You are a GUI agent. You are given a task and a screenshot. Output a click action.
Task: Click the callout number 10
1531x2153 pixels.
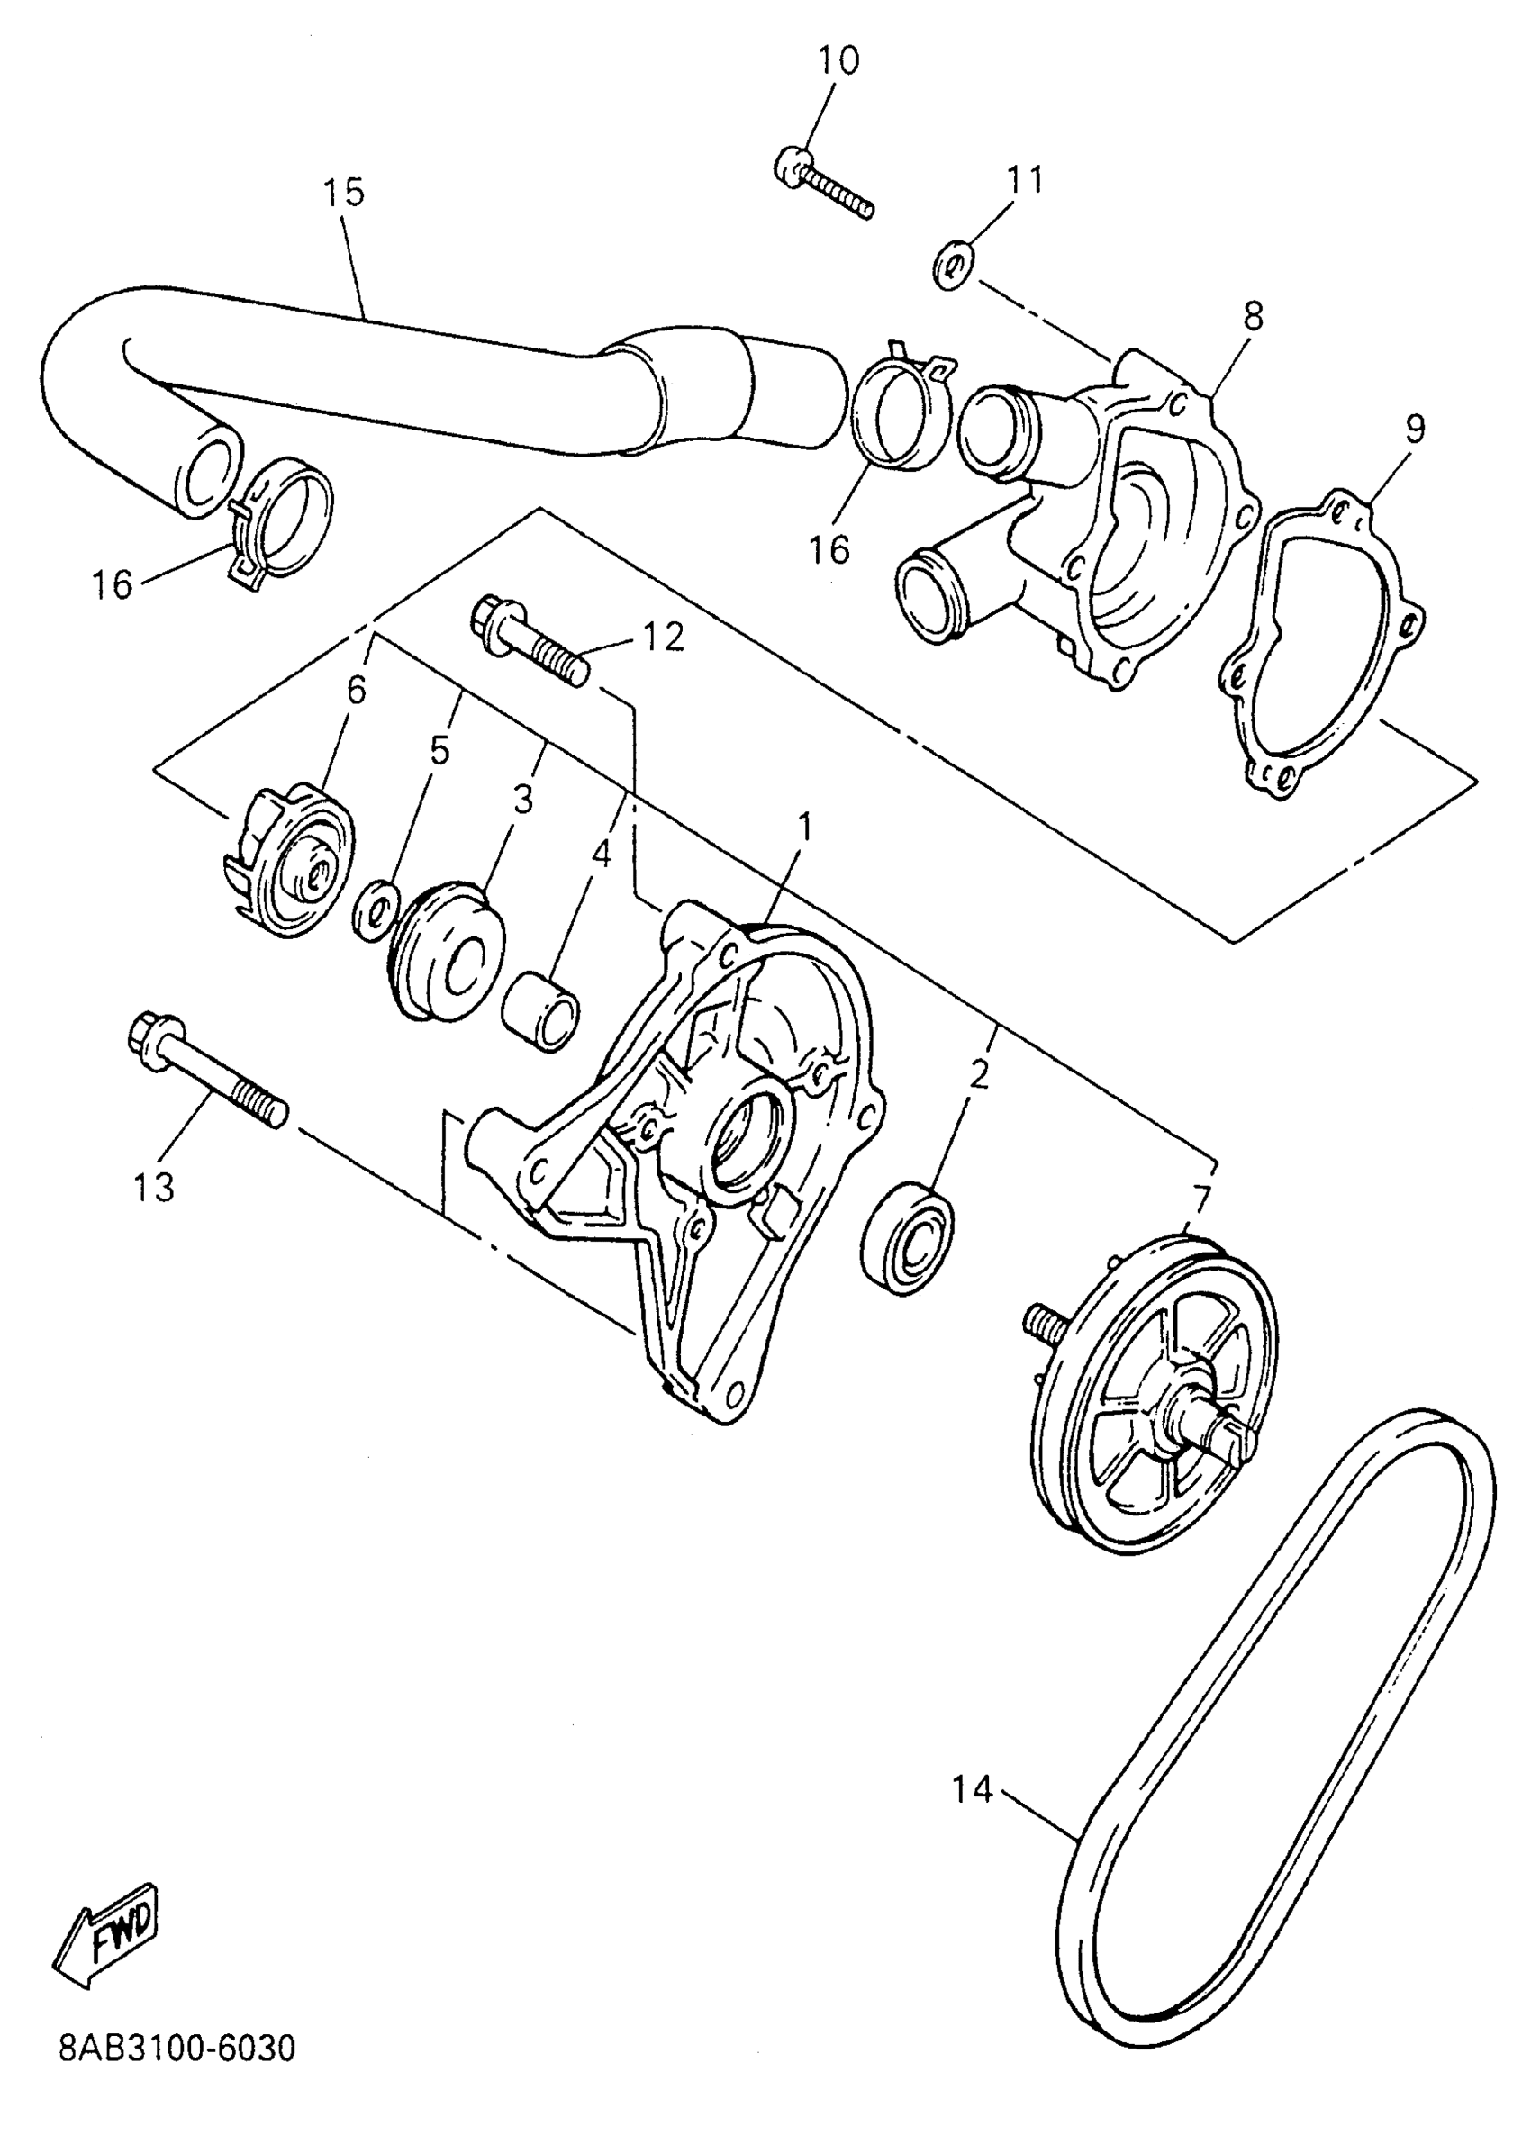(x=838, y=60)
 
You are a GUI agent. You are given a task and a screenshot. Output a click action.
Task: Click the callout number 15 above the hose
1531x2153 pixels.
(x=343, y=193)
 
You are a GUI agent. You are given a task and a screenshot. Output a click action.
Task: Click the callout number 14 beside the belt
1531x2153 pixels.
(x=972, y=1788)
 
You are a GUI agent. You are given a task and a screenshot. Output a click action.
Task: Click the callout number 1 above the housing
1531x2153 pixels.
(x=803, y=827)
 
